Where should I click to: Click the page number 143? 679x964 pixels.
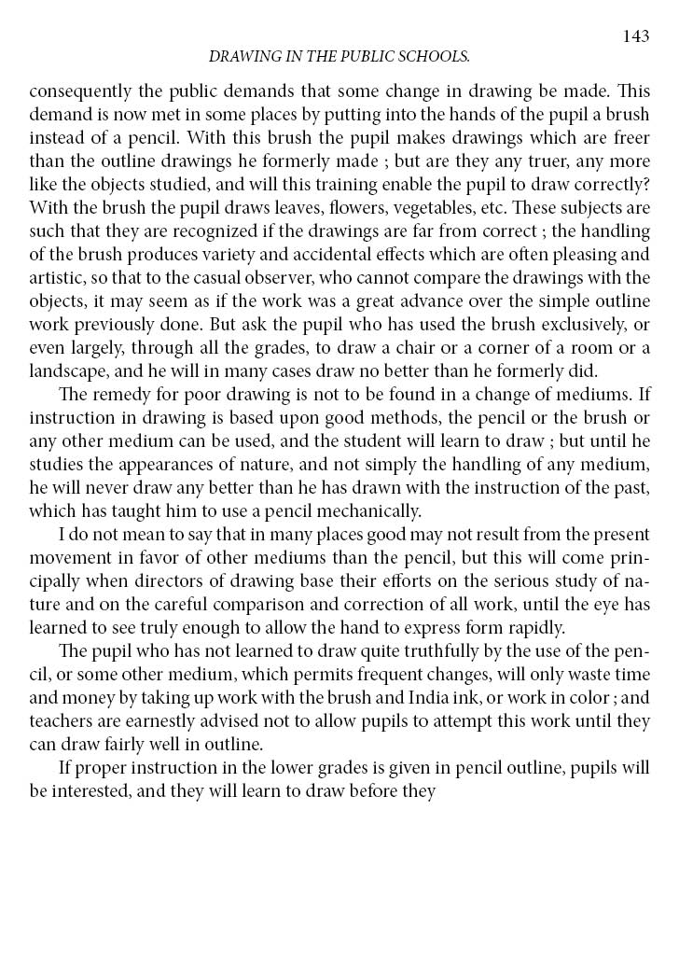pos(635,36)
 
